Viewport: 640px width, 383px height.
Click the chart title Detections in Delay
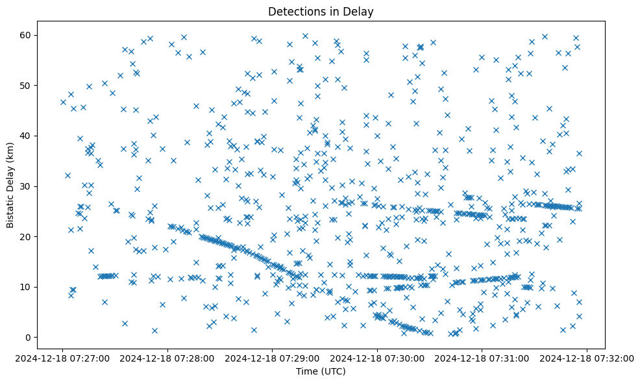point(321,12)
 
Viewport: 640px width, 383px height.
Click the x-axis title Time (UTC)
point(321,371)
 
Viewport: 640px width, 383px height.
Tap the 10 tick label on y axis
point(27,287)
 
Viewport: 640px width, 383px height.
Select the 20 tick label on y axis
point(27,236)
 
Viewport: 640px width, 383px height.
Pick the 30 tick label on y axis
point(27,186)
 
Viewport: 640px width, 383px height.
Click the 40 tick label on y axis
point(27,136)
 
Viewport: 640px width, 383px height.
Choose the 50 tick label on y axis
point(27,85)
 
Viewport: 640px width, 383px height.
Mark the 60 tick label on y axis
point(27,35)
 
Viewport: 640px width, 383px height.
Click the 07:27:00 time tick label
point(63,358)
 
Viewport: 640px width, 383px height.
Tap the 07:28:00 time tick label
point(168,358)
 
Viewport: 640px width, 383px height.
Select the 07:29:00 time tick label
point(273,358)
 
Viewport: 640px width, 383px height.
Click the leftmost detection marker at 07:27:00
point(63,102)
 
